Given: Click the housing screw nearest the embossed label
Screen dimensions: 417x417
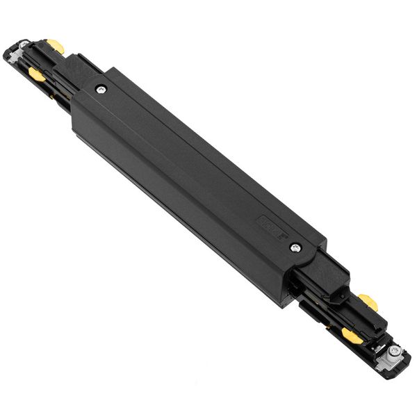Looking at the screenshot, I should tap(295, 247).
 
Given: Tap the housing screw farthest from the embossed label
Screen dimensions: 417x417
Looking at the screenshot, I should tap(102, 89).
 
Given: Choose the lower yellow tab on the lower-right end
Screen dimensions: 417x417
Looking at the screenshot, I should tap(353, 337).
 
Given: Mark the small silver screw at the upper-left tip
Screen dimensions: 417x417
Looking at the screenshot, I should tap(26, 49).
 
